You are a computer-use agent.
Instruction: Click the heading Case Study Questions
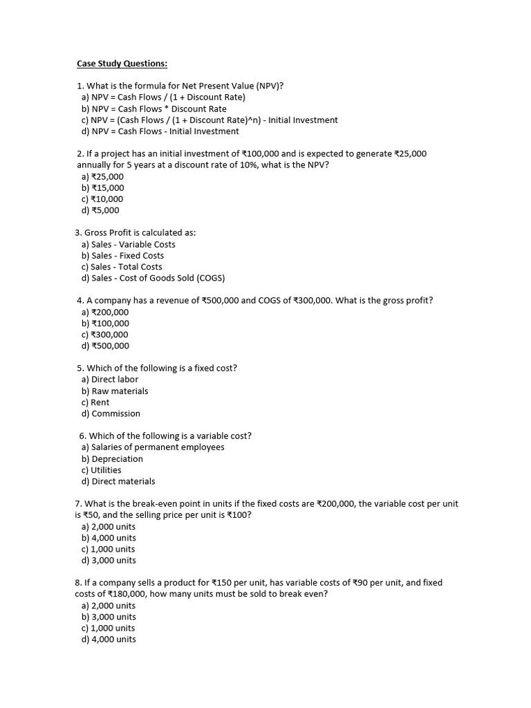coord(122,64)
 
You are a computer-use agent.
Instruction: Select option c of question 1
coord(209,120)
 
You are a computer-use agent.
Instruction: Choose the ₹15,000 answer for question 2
coord(103,187)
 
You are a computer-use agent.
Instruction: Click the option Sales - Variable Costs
coord(129,244)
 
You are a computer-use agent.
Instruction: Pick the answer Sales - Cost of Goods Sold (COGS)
coord(153,278)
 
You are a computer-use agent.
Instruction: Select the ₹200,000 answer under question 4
coord(105,312)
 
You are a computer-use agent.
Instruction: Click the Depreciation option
coord(112,458)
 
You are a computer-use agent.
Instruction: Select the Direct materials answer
coord(118,481)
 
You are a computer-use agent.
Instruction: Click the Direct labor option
coord(110,379)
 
